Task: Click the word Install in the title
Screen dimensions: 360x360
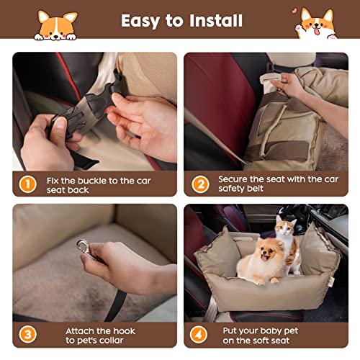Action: coord(216,20)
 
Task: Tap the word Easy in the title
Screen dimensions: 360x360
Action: coord(140,22)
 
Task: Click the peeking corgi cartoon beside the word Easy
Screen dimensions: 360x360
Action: coord(56,25)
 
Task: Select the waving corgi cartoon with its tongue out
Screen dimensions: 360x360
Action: coord(315,24)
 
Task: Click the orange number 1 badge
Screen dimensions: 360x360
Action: coord(28,184)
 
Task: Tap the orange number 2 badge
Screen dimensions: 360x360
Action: coord(200,184)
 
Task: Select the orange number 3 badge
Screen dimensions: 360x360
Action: coord(28,334)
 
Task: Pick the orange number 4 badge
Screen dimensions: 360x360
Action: coord(199,334)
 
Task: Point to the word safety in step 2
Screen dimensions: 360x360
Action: coord(231,189)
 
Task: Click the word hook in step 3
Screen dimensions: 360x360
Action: coord(124,331)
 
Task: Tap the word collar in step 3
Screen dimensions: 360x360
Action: coord(112,341)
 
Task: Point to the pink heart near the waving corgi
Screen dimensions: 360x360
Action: coord(294,11)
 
